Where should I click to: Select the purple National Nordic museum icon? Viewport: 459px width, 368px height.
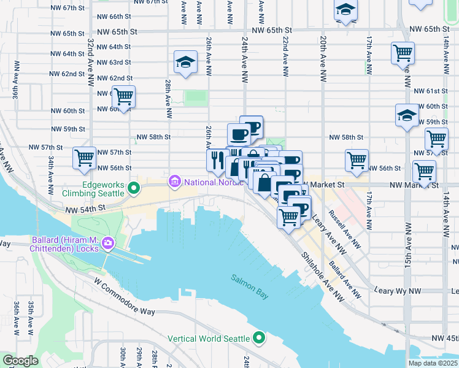pos(174,182)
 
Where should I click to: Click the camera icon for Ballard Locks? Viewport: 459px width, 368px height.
pos(108,243)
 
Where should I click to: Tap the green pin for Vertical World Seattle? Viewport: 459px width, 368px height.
pos(260,338)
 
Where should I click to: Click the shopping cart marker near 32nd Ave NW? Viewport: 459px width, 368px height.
pos(123,98)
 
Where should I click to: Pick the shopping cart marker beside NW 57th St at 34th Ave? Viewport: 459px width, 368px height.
pos(85,158)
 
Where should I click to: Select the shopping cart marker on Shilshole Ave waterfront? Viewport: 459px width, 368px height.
pos(288,217)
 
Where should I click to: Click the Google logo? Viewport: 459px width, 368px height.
pos(20,361)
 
